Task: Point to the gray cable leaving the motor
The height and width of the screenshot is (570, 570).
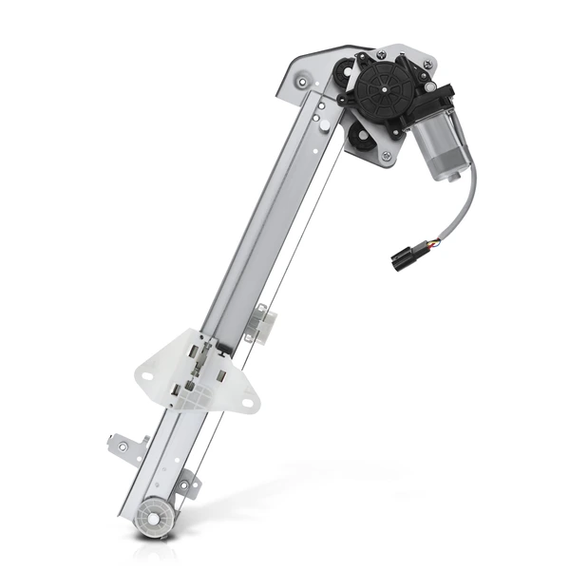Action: (465, 204)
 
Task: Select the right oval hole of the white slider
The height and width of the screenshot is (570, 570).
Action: (247, 406)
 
